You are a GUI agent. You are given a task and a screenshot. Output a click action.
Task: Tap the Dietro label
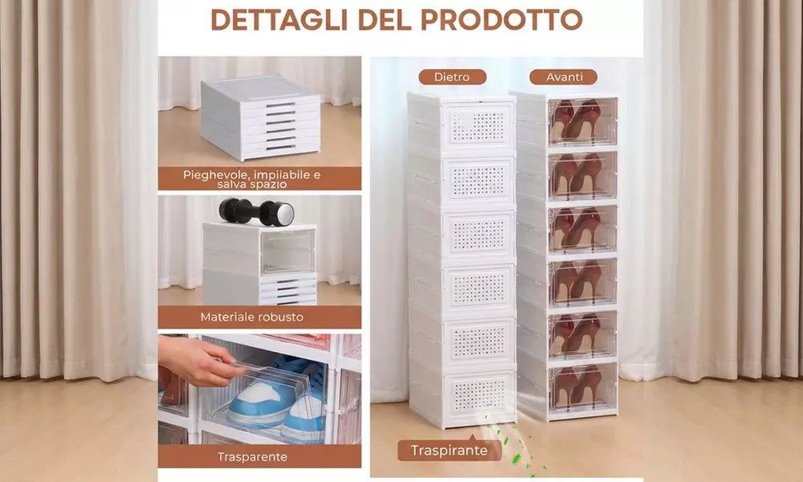point(451,77)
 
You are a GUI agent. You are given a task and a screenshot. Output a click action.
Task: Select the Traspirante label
point(449,451)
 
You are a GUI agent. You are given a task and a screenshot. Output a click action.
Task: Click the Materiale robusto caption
point(259,317)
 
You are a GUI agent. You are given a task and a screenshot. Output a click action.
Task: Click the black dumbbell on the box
point(257,212)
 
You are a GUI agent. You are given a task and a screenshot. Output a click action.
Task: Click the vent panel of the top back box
point(480,125)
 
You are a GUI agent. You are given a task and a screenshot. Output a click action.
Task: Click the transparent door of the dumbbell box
point(287,251)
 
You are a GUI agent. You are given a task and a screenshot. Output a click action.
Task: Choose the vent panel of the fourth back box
point(480,288)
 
